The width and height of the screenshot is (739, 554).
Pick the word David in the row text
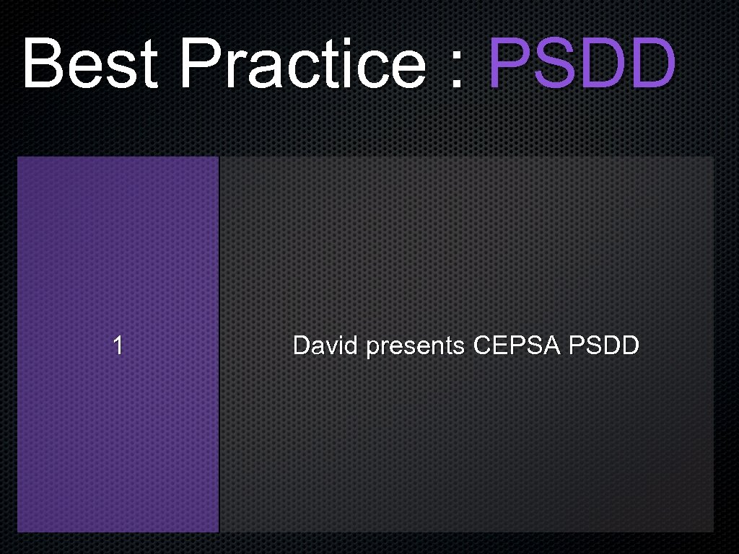coord(325,346)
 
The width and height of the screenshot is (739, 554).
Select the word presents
coord(415,348)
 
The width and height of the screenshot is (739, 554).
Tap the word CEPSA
coord(517,346)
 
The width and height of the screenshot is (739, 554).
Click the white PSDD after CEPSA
coord(604,346)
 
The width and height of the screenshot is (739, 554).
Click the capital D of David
coord(301,346)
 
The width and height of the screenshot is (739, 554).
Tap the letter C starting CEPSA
coord(481,346)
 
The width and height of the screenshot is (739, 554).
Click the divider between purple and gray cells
coord(219,345)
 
